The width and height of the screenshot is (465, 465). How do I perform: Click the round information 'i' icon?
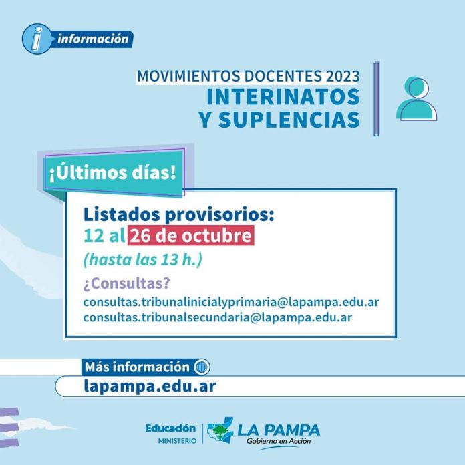tap(37, 39)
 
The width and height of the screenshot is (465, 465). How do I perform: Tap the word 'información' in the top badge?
tap(93, 39)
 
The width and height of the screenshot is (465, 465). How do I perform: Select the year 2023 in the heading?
tap(343, 76)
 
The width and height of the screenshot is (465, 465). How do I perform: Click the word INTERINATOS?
tap(283, 97)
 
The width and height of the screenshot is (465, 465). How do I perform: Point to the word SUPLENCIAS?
tap(289, 120)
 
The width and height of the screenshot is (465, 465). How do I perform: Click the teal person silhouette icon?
tap(416, 98)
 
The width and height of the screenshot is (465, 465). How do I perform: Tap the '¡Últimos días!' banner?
tap(113, 173)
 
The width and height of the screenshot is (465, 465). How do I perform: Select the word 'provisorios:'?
tap(219, 215)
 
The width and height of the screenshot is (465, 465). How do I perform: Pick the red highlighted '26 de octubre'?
tap(190, 235)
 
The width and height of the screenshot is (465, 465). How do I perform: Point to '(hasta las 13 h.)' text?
tap(143, 259)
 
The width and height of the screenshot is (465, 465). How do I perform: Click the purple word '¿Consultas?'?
tap(127, 283)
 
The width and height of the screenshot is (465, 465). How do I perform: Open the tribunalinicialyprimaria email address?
tap(231, 302)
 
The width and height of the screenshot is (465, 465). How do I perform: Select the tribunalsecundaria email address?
tap(218, 317)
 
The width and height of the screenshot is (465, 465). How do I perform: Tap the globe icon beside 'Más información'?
tap(201, 367)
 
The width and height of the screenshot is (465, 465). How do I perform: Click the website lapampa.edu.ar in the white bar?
tap(150, 386)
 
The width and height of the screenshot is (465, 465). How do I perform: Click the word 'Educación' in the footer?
tap(170, 428)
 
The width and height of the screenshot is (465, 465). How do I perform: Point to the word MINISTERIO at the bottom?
tap(177, 441)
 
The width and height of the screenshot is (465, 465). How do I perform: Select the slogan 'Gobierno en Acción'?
tap(279, 441)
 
